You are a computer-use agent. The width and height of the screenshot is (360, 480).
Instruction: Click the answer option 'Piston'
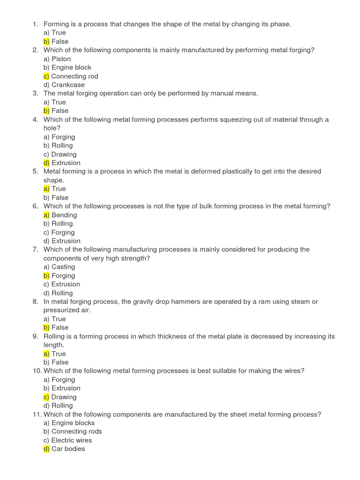(61, 59)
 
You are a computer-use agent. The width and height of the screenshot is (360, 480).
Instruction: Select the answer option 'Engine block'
(71, 67)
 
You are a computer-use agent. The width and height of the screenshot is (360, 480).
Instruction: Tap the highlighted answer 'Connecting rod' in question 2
(75, 76)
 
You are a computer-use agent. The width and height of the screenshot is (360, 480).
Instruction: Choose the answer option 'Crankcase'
(68, 85)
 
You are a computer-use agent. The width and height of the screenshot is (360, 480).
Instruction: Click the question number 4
(35, 120)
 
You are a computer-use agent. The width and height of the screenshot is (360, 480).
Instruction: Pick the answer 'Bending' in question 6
(64, 215)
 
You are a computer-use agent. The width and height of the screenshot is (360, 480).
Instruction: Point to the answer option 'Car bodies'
(68, 449)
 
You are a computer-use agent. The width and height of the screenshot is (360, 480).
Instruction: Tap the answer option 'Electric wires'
(71, 440)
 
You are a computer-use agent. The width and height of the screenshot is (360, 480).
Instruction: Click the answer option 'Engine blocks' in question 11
(73, 423)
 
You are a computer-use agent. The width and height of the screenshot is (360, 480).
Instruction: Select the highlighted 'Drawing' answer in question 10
(64, 397)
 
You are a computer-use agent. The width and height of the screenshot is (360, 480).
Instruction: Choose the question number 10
(37, 371)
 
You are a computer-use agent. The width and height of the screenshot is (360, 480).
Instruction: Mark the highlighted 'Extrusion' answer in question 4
(66, 163)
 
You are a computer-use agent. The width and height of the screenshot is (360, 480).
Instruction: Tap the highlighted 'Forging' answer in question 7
(63, 276)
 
